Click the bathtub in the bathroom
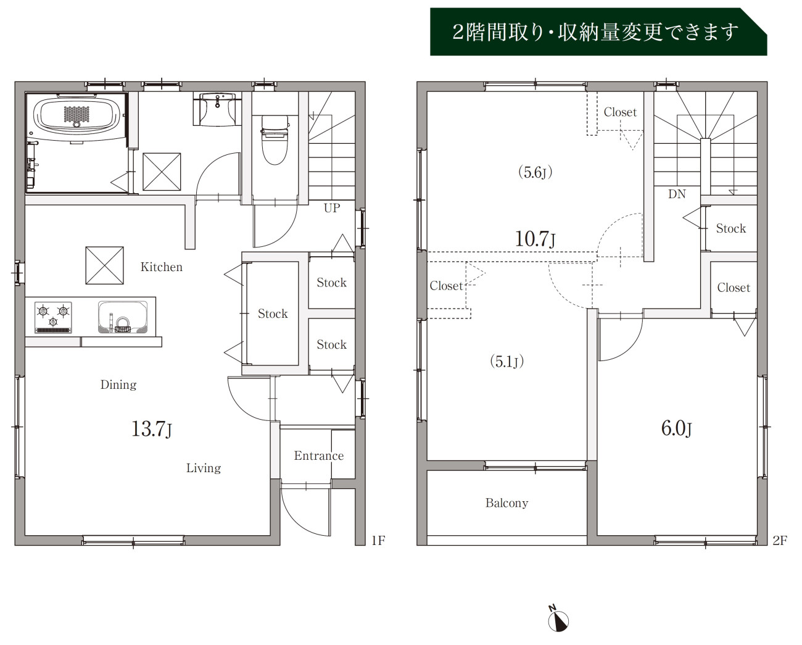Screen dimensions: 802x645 point(76,115)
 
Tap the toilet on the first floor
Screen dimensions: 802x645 point(275,140)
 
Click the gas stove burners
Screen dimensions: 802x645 point(53,317)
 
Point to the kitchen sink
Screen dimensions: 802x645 point(123,317)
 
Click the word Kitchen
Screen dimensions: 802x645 point(162,267)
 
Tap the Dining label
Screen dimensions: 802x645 point(118,385)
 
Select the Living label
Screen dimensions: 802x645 point(204,468)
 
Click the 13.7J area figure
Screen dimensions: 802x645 point(152,429)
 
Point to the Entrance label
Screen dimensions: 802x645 point(318,456)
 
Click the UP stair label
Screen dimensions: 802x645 point(332,208)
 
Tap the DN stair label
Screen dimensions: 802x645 point(677,194)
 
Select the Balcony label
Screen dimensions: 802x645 point(506,503)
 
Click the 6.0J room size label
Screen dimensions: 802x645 point(676,428)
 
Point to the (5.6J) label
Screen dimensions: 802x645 point(535,172)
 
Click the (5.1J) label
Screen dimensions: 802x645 point(507,361)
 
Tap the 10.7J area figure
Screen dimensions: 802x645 point(535,239)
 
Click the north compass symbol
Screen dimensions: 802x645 point(558,622)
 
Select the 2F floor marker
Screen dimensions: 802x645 point(780,541)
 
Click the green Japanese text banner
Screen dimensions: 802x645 point(598,31)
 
